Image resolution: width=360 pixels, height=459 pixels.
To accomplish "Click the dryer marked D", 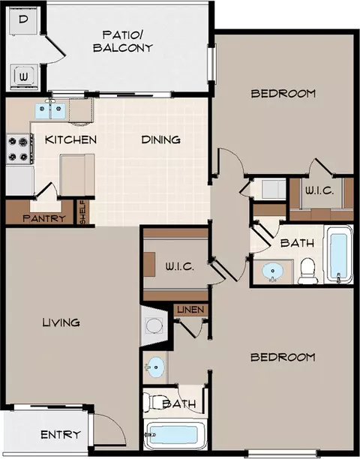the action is pyautogui.click(x=24, y=21).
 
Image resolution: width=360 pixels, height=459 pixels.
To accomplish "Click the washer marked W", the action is pyautogui.click(x=24, y=77).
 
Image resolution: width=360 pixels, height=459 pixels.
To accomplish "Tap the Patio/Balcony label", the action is pyautogui.click(x=123, y=41).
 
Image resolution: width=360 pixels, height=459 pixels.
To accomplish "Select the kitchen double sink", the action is pyautogui.click(x=51, y=111).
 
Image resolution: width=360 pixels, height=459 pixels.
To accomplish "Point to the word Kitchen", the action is pyautogui.click(x=70, y=139).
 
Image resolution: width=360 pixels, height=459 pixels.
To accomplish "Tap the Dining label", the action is pyautogui.click(x=161, y=139).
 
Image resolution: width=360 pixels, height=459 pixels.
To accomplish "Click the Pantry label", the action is pyautogui.click(x=44, y=218).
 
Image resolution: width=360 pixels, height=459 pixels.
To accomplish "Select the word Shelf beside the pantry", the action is pyautogui.click(x=83, y=212).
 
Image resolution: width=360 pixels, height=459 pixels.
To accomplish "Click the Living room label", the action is pyautogui.click(x=61, y=322).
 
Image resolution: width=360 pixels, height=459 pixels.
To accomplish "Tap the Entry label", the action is pyautogui.click(x=61, y=435).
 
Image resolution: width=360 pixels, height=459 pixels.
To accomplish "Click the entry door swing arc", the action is pyautogui.click(x=117, y=421).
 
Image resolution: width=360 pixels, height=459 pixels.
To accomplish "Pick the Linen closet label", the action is pyautogui.click(x=190, y=310).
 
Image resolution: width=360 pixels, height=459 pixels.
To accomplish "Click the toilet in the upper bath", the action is pyautogui.click(x=307, y=271).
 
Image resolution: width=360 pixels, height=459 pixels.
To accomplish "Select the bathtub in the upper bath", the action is pyautogui.click(x=339, y=254).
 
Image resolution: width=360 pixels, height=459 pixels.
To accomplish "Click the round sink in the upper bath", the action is pyautogui.click(x=273, y=271).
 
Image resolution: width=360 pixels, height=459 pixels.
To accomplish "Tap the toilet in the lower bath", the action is pyautogui.click(x=153, y=402).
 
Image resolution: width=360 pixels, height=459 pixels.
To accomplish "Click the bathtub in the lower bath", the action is pyautogui.click(x=175, y=435).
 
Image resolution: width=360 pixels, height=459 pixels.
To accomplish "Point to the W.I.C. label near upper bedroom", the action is pyautogui.click(x=319, y=191).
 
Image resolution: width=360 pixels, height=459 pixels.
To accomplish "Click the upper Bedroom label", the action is pyautogui.click(x=283, y=94).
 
